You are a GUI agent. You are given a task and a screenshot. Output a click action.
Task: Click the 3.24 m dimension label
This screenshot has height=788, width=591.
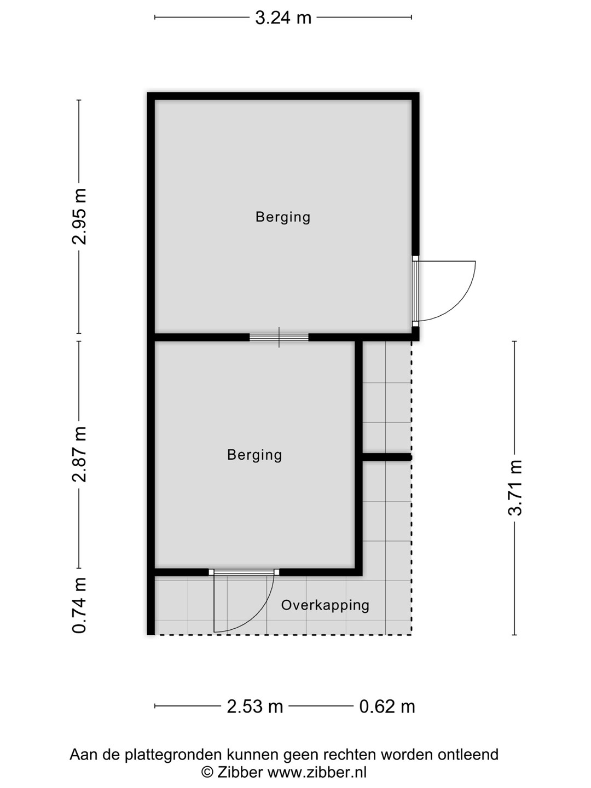[283, 18]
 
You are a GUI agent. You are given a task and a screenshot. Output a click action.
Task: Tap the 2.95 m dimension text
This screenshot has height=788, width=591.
[79, 217]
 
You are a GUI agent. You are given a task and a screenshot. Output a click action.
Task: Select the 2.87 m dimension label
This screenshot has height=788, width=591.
[79, 454]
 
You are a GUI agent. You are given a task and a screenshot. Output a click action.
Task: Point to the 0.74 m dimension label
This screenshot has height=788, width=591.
[79, 605]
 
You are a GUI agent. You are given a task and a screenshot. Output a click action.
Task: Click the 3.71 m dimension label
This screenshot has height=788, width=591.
[515, 488]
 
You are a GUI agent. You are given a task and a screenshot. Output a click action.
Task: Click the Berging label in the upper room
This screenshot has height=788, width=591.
[283, 218]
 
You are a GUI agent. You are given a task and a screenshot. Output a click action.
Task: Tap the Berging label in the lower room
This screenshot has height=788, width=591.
[254, 455]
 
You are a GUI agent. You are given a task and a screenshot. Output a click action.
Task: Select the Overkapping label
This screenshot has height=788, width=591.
[325, 605]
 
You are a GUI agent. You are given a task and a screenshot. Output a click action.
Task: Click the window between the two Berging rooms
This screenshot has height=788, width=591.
[279, 337]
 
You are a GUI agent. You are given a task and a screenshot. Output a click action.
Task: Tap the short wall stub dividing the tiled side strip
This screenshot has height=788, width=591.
[387, 457]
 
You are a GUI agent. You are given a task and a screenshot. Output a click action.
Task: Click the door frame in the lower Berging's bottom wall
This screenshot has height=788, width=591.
[244, 572]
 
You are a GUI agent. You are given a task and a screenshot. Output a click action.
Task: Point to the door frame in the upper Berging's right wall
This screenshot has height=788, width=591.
[415, 291]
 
